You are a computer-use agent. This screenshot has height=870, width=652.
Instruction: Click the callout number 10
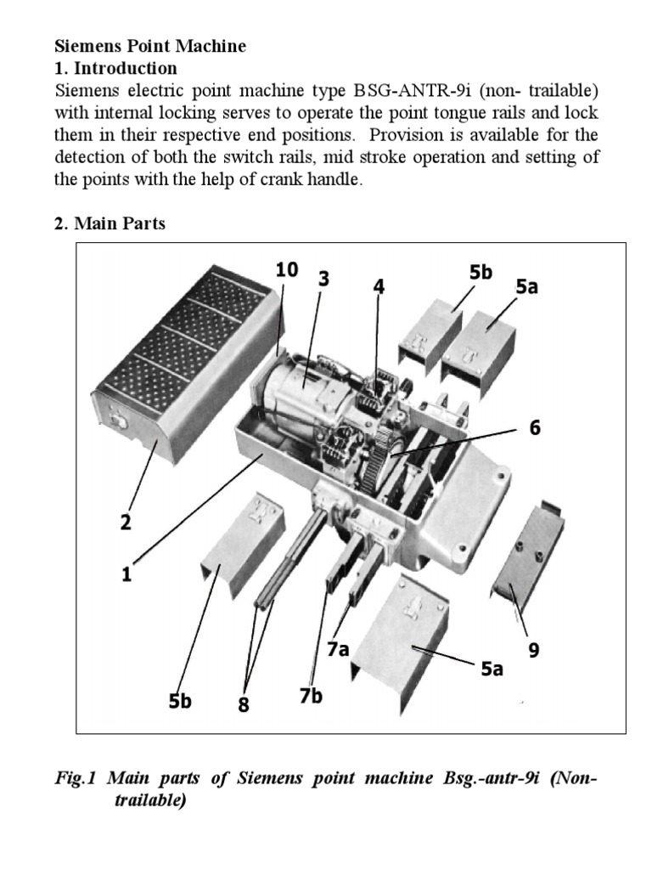287,270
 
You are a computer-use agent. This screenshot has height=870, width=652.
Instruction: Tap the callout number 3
323,279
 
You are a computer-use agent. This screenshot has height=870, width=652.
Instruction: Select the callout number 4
379,287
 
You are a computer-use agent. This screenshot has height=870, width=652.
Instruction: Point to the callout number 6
535,428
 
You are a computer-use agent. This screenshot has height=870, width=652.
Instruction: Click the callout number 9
534,650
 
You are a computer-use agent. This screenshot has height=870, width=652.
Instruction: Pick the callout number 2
125,523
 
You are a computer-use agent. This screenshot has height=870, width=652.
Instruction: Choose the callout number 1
126,574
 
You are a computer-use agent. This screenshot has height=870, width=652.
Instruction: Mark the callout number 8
244,704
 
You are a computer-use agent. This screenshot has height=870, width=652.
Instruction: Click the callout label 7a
338,650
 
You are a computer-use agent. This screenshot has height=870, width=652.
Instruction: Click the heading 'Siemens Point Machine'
150,47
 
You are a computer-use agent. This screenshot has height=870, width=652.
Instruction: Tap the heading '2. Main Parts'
110,224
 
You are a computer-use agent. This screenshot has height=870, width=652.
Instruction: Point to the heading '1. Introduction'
116,68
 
